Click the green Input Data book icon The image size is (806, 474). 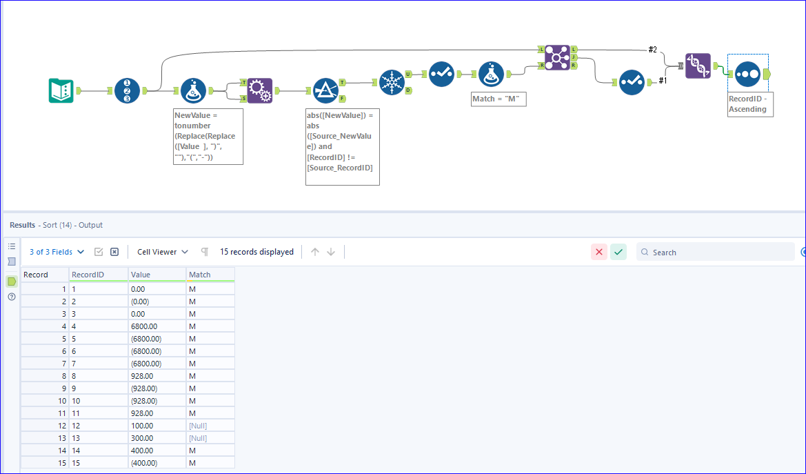pyautogui.click(x=61, y=91)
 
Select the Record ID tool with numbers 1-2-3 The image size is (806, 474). pyautogui.click(x=127, y=90)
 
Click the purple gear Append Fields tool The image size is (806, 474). pyautogui.click(x=260, y=90)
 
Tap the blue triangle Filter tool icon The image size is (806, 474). pyautogui.click(x=325, y=90)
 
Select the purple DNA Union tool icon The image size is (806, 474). pyautogui.click(x=698, y=66)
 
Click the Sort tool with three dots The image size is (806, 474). pyautogui.click(x=747, y=73)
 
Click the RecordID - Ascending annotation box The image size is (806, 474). pyautogui.click(x=750, y=104)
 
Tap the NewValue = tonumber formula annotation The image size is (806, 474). pyautogui.click(x=208, y=136)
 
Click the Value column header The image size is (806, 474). pyautogui.click(x=157, y=275)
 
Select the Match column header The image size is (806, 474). pyautogui.click(x=210, y=275)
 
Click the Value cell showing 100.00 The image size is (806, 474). pyautogui.click(x=157, y=426)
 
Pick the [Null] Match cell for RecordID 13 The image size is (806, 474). pyautogui.click(x=210, y=438)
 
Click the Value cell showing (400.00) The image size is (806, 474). pyautogui.click(x=157, y=463)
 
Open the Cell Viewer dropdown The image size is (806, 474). pyautogui.click(x=163, y=252)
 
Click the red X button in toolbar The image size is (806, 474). pyautogui.click(x=598, y=252)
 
